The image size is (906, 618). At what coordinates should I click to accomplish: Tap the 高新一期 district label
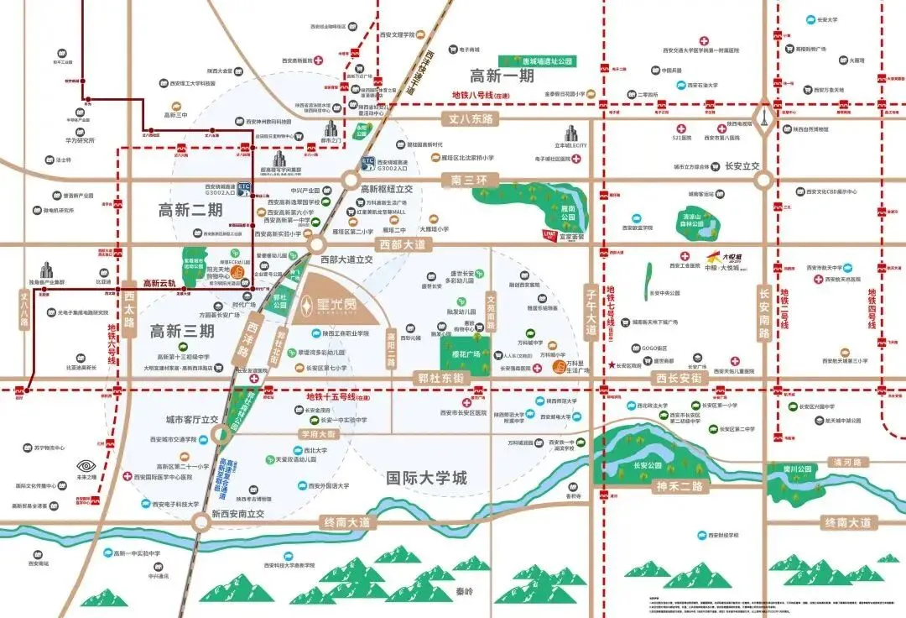502,75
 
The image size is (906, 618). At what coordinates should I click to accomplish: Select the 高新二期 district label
190,210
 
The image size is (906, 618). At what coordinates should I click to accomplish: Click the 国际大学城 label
426,478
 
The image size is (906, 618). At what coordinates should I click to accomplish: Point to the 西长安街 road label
678,380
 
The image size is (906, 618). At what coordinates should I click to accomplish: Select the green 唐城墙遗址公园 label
547,61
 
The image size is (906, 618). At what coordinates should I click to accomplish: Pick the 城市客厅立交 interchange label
191,418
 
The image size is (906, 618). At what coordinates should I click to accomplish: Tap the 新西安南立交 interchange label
237,514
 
